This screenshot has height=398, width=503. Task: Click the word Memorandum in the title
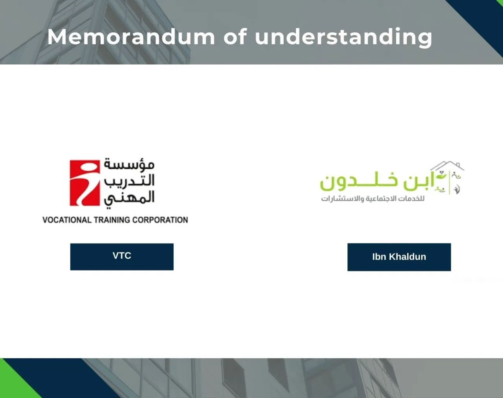click(x=131, y=37)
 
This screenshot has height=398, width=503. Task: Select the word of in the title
click(x=235, y=37)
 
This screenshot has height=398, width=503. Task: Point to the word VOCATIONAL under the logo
click(x=66, y=220)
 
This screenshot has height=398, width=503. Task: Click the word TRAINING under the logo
click(x=112, y=220)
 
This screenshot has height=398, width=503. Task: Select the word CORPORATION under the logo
click(x=160, y=220)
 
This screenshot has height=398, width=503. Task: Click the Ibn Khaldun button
click(x=399, y=257)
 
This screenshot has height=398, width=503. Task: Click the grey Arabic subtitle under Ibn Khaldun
click(x=373, y=199)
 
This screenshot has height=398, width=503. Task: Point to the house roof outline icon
click(x=448, y=165)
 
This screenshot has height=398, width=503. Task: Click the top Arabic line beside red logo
click(x=129, y=164)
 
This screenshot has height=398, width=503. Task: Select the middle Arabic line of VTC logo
click(x=129, y=181)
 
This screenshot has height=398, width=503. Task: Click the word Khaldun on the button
click(x=408, y=257)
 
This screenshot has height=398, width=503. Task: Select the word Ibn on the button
click(x=379, y=257)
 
